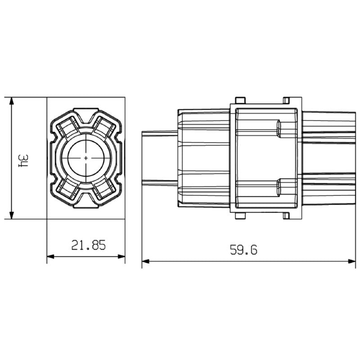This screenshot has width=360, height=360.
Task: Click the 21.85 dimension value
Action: [x=88, y=245]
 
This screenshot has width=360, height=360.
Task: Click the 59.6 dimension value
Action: [x=243, y=250]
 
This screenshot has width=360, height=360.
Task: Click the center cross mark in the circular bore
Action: [x=86, y=158]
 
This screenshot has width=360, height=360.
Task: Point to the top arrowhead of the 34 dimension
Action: [x=12, y=101]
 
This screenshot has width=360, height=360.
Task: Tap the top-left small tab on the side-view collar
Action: [x=241, y=100]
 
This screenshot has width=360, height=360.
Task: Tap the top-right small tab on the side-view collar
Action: [x=286, y=100]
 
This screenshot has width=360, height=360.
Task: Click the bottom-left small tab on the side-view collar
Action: [x=241, y=216]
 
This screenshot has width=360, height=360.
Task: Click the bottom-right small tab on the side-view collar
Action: [x=286, y=216]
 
